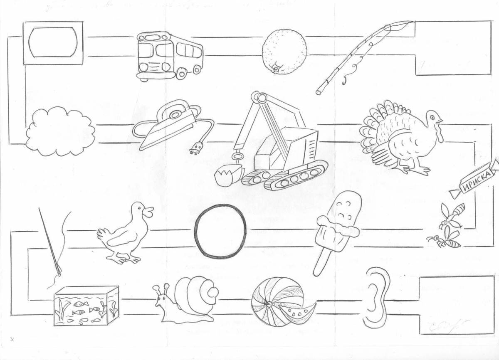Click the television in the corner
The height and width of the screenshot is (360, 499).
click(x=53, y=43)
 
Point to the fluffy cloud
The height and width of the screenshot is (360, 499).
click(x=60, y=131)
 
